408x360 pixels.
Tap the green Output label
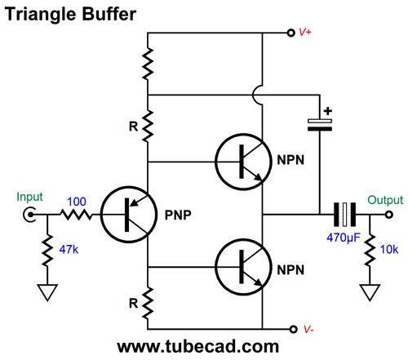[384, 199]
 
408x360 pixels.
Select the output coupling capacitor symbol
[346, 215]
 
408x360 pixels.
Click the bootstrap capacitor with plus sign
[319, 123]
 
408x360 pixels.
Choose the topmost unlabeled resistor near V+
[148, 63]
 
